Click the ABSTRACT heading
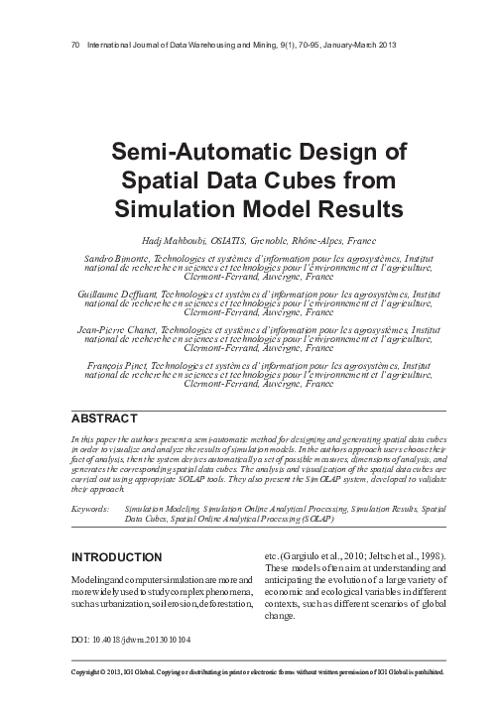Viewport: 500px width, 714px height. click(102, 417)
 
